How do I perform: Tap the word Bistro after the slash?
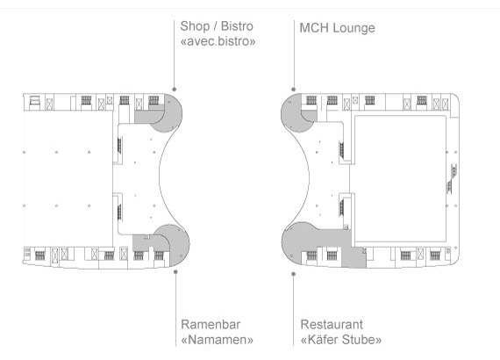point(237,26)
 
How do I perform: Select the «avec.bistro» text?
point(218,41)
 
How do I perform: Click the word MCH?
point(314,28)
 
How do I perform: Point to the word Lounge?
point(354,28)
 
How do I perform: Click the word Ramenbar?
point(211,324)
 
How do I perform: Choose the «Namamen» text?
point(217,340)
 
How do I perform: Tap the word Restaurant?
point(332,324)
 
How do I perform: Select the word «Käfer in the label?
point(319,339)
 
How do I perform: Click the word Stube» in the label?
point(361,339)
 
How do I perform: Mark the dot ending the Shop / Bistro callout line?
point(174,89)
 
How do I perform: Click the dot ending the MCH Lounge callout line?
point(293,90)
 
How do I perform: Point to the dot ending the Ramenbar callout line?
point(175,272)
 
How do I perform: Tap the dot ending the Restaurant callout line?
point(293,274)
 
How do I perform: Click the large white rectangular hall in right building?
point(401,179)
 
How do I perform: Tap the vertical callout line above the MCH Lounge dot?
point(294,54)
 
